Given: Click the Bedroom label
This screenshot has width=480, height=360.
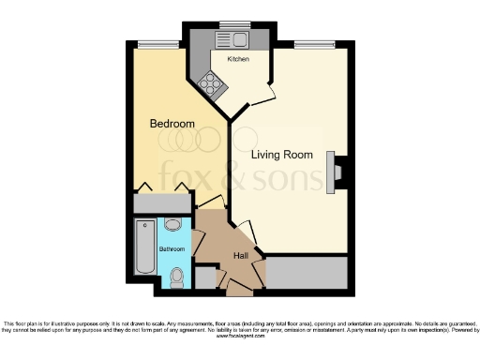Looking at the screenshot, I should (172, 124).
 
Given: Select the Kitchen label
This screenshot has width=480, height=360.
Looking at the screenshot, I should (237, 58).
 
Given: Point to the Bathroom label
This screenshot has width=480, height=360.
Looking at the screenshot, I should (172, 249).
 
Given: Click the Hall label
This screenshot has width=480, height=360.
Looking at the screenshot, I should (241, 255).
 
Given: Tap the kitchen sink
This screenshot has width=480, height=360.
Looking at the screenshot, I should (229, 39).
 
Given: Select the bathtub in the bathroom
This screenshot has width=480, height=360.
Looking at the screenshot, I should (144, 247).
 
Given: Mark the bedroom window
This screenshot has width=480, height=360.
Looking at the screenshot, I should (157, 44).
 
